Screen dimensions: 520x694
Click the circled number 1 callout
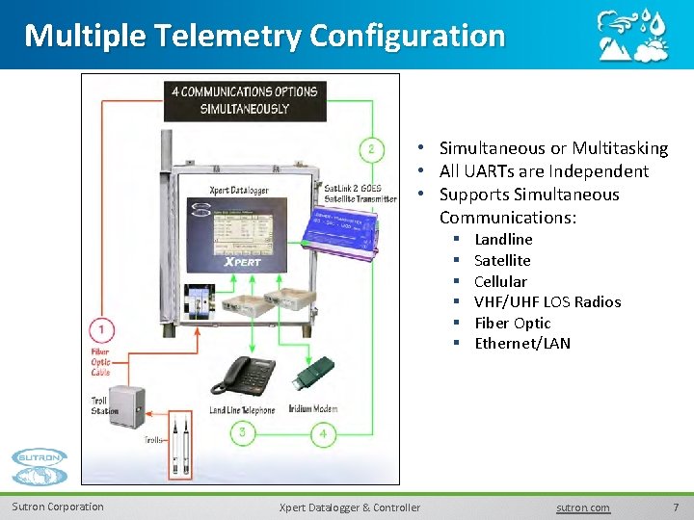[101, 330]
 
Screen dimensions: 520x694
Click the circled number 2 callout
[372, 148]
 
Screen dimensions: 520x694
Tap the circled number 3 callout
[242, 433]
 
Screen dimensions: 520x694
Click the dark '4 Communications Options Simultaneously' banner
[245, 100]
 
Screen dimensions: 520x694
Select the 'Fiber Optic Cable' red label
[100, 362]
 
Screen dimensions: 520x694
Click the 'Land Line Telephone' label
[242, 410]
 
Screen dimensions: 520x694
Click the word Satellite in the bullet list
[502, 260]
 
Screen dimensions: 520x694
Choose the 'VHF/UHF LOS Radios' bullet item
[547, 301]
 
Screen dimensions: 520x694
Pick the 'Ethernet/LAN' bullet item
[522, 343]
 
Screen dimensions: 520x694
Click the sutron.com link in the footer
[583, 507]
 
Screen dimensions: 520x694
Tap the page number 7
[676, 507]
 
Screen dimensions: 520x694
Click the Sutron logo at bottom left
[40, 468]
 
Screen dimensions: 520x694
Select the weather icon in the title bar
[630, 37]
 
